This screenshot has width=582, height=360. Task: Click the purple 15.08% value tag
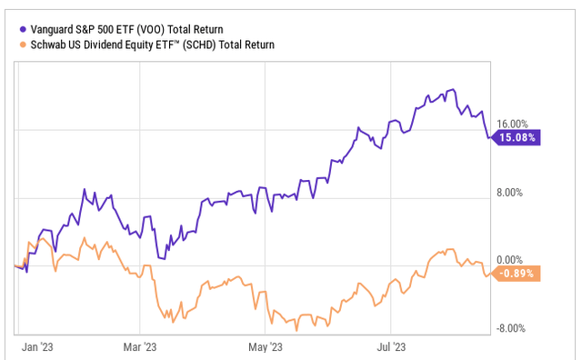[x=517, y=138]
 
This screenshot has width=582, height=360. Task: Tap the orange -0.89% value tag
[x=517, y=273]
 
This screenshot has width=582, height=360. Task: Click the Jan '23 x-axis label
[x=36, y=347]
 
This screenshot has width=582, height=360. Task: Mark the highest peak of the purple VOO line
[x=452, y=90]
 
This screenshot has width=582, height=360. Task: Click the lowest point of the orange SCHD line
[x=296, y=330]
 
